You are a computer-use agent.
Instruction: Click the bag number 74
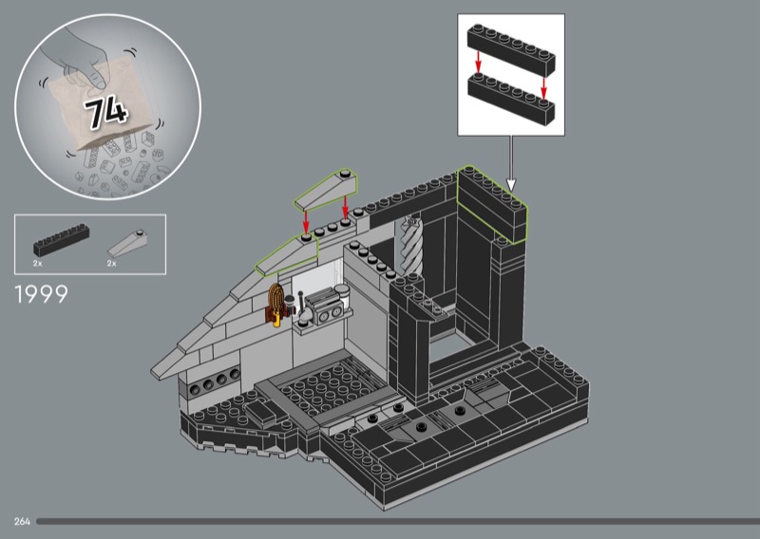tap(105, 112)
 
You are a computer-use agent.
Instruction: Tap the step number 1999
tap(42, 295)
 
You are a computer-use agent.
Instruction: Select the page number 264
tap(21, 521)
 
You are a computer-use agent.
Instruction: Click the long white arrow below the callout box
tap(511, 161)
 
